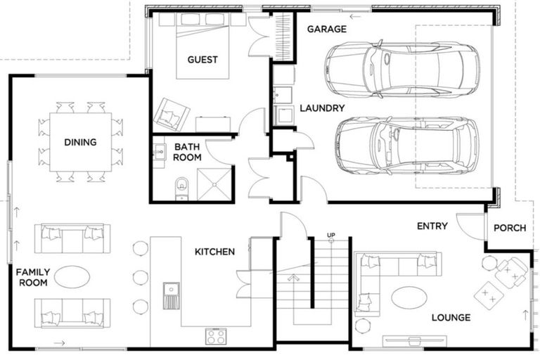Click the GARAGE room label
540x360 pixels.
pyautogui.click(x=327, y=29)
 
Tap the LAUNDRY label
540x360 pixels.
pyautogui.click(x=322, y=108)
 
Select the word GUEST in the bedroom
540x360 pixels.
pyautogui.click(x=202, y=60)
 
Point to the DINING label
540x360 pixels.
pyautogui.click(x=80, y=143)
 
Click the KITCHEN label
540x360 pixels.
pyautogui.click(x=214, y=252)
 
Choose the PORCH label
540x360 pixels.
pyautogui.click(x=511, y=228)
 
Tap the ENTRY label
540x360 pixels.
pyautogui.click(x=432, y=226)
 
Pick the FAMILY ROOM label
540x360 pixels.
pyautogui.click(x=32, y=277)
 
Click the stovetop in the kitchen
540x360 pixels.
pyautogui.click(x=215, y=335)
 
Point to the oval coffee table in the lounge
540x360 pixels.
pyautogui.click(x=409, y=297)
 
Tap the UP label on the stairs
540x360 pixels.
pyautogui.click(x=330, y=234)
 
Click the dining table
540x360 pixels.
pyautogui.click(x=79, y=143)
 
